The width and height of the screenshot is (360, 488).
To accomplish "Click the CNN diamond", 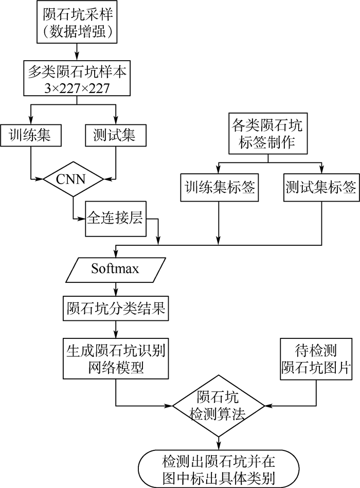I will pos(73,179).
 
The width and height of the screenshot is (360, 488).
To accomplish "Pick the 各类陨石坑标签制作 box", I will pos(267,133).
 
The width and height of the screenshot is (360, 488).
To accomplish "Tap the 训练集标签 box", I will pos(219,188).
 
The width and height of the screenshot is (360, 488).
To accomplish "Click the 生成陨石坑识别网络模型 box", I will pos(115,358).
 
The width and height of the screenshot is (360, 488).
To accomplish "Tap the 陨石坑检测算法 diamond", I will pos(219,405).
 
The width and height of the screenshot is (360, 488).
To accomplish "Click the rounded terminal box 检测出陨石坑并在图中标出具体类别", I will pos(219,468).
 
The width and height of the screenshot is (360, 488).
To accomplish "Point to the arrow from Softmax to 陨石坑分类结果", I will pos(115,289).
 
